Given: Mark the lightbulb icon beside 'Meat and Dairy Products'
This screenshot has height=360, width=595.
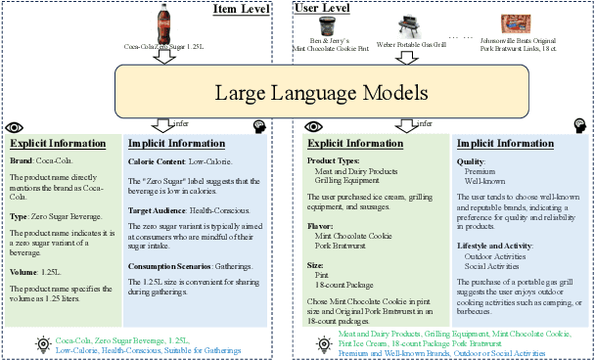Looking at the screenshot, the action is tap(322, 343).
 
